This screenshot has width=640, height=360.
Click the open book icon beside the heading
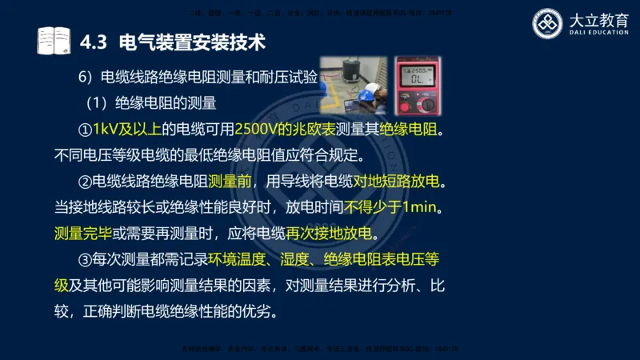click(54, 41)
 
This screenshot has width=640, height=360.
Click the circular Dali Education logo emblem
click(548, 25)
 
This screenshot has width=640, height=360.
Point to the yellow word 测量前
click(233, 182)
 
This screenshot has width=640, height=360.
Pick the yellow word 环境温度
click(243, 260)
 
